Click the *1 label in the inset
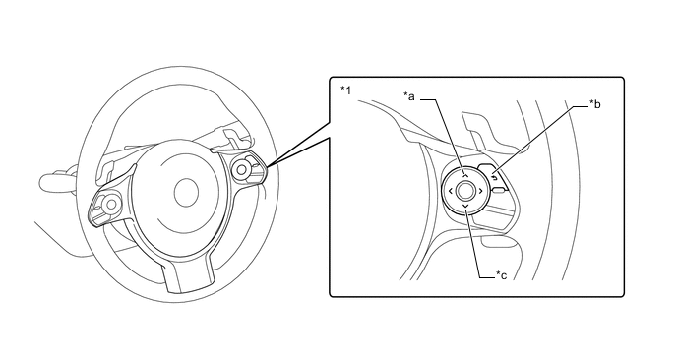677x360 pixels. tap(345, 90)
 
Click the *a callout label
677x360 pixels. tap(409, 96)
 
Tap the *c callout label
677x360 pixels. tap(501, 275)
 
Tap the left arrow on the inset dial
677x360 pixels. tap(450, 191)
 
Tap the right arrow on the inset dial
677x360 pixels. tap(480, 190)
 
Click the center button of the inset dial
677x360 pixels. tap(464, 191)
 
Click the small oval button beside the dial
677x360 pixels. tap(499, 191)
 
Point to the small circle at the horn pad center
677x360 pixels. tap(186, 193)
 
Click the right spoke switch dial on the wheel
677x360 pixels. tap(241, 169)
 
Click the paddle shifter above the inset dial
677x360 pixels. tap(488, 132)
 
